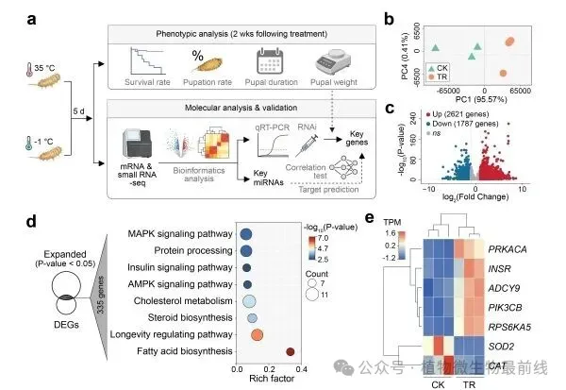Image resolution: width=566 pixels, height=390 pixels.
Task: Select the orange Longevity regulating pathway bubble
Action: click(258, 333)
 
